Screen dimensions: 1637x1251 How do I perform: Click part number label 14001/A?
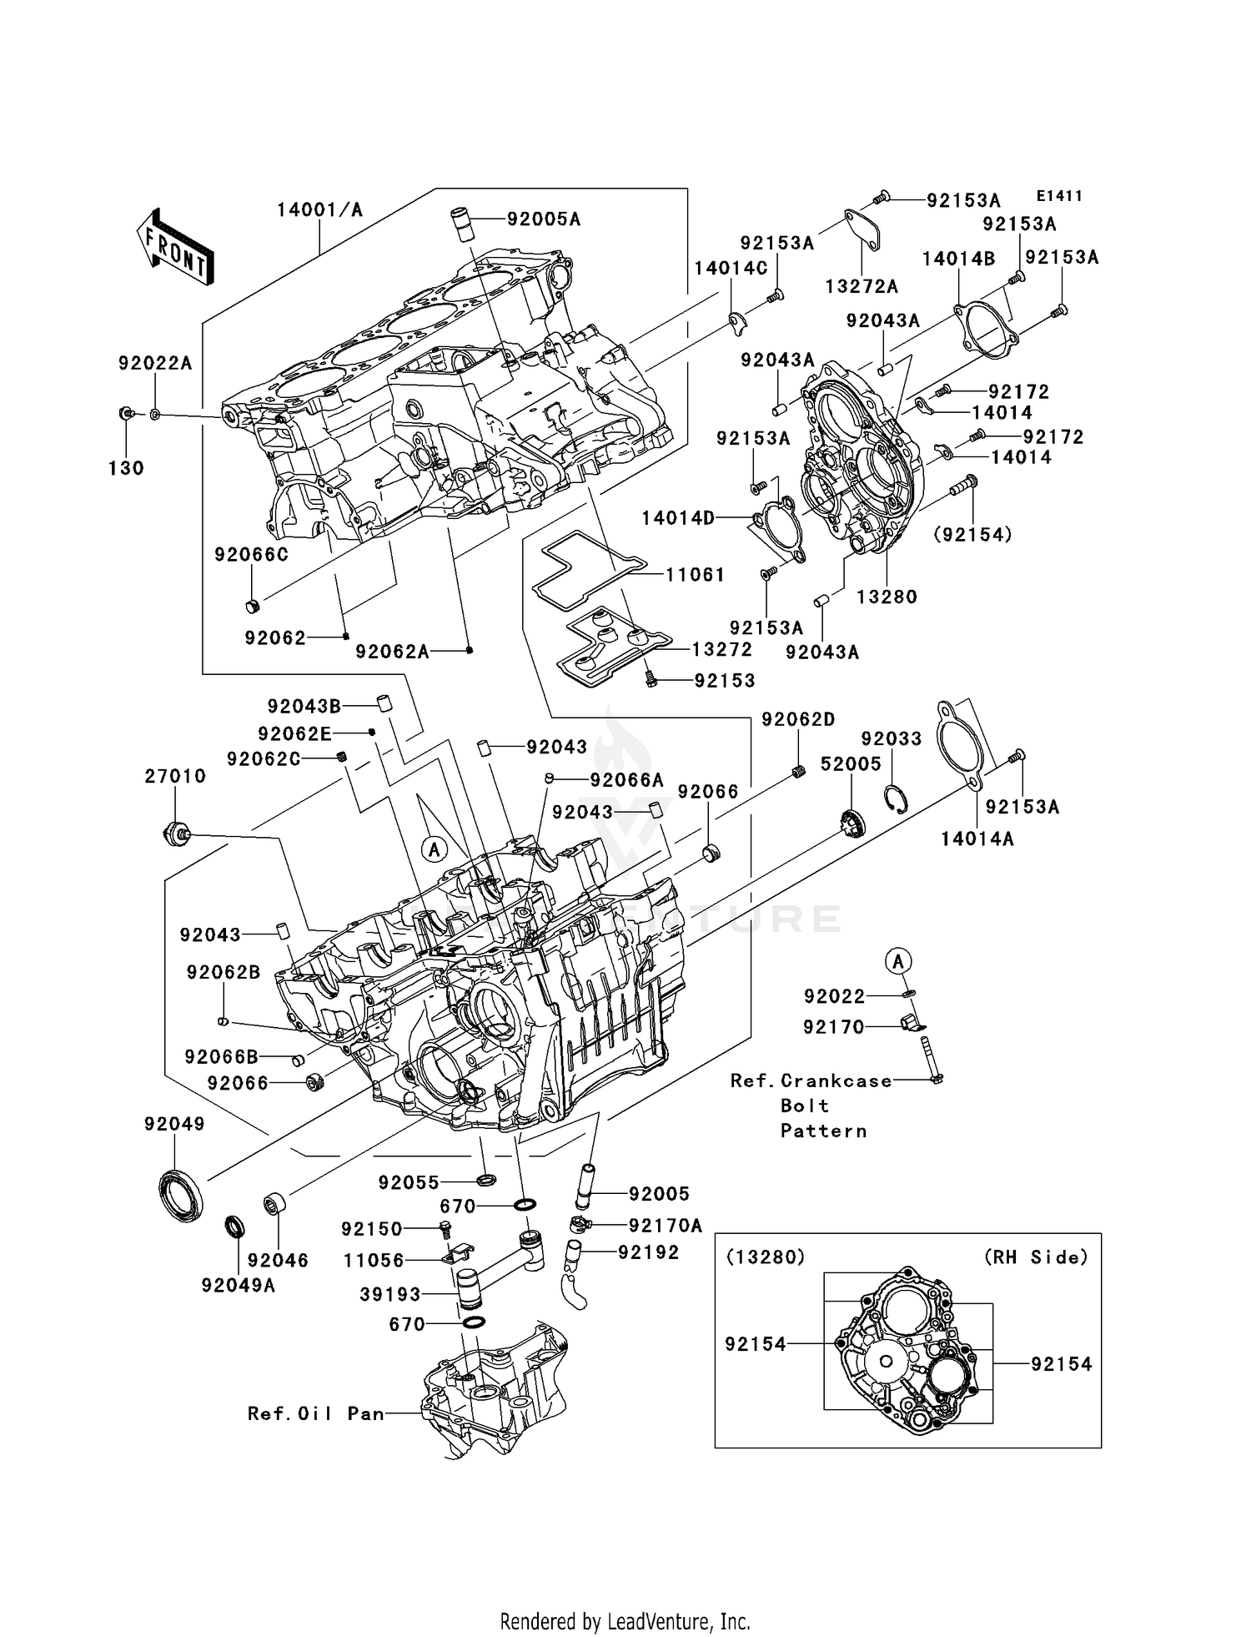[320, 210]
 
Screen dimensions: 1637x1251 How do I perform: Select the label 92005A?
[544, 219]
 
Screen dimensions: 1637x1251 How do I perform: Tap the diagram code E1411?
[1059, 196]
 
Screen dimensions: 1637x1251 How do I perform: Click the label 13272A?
[862, 287]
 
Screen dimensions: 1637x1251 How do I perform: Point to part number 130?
[126, 469]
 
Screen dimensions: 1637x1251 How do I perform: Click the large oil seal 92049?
[180, 1196]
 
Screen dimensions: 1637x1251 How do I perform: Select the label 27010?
[175, 777]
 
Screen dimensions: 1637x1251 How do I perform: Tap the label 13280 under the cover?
[887, 597]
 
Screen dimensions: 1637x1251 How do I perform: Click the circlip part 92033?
[897, 798]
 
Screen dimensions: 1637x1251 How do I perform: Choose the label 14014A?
[977, 839]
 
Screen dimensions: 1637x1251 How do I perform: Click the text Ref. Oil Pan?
[316, 1414]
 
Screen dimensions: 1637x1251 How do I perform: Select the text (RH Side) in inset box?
[1036, 1257]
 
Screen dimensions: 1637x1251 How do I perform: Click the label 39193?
[390, 1294]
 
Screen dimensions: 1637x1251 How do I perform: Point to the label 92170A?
[666, 1226]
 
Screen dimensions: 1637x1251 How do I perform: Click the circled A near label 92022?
[898, 961]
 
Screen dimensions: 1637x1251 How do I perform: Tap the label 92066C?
[251, 555]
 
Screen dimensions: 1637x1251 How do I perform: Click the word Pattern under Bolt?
[823, 1131]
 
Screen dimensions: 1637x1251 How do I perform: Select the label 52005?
[851, 764]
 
